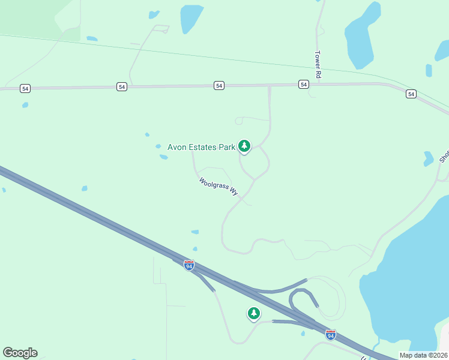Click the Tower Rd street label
[318, 65]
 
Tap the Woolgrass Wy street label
[218, 186]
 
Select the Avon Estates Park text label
[200, 147]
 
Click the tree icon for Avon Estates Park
[244, 146]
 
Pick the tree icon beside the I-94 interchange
[254, 313]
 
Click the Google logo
[20, 353]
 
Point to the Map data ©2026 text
[423, 355]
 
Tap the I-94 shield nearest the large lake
[330, 335]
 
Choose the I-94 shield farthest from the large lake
[188, 265]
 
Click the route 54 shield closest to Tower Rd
[304, 85]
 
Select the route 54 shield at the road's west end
[25, 88]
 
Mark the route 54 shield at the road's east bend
[411, 94]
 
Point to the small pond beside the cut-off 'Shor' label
[428, 159]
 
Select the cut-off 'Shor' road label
[444, 156]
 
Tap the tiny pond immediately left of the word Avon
[158, 146]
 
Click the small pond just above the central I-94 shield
[194, 249]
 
